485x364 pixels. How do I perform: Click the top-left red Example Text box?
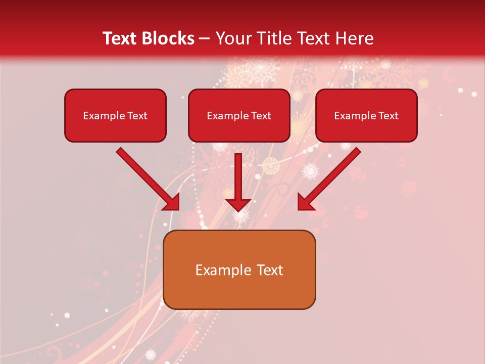point(115,116)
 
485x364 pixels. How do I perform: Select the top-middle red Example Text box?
point(239,116)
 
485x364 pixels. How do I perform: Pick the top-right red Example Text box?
point(366,116)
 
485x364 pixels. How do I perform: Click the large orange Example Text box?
point(239,270)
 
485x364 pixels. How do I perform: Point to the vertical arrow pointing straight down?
point(238,179)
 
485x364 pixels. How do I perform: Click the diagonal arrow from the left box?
point(147,177)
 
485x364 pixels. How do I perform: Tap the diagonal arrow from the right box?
point(331,177)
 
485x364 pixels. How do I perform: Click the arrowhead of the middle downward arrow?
point(238,205)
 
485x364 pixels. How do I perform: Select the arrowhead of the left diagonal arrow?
point(172,202)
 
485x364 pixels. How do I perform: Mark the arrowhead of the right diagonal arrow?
point(305,202)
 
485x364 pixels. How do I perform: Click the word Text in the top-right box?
point(389,116)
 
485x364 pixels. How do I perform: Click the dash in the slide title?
point(205,39)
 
